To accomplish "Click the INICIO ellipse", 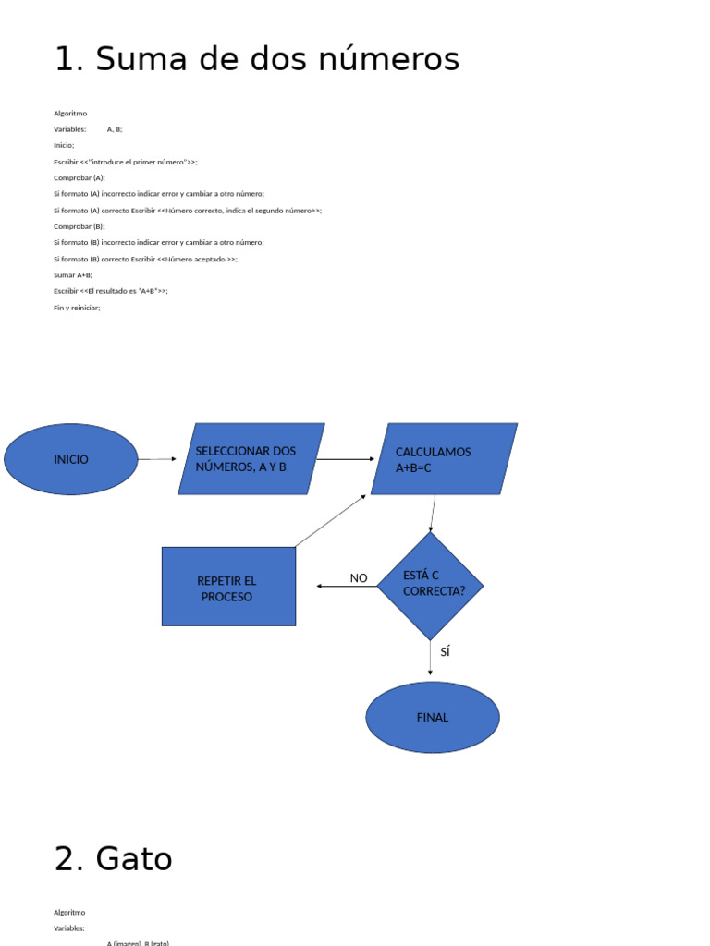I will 71,459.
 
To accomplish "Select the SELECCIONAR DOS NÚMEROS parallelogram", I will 251,459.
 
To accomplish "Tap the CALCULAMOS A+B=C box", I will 444,459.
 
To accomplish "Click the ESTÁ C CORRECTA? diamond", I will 430,586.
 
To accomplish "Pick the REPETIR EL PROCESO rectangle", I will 228,587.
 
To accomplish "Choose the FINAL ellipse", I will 433,717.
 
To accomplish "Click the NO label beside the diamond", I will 359,578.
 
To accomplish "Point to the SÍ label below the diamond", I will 446,652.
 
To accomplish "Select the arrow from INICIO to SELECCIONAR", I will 157,459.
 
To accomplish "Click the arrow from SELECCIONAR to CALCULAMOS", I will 346,459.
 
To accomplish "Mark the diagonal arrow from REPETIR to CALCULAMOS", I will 331,521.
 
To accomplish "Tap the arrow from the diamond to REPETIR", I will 347,587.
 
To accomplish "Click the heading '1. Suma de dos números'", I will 256,59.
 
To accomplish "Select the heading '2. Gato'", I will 113,859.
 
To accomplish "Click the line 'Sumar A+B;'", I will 73,275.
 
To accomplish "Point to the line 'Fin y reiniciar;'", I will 77,308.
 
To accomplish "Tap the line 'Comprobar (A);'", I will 80,177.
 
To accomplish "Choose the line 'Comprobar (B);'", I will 80,226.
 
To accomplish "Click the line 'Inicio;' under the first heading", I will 64,145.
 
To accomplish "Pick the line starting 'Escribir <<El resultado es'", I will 111,291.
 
